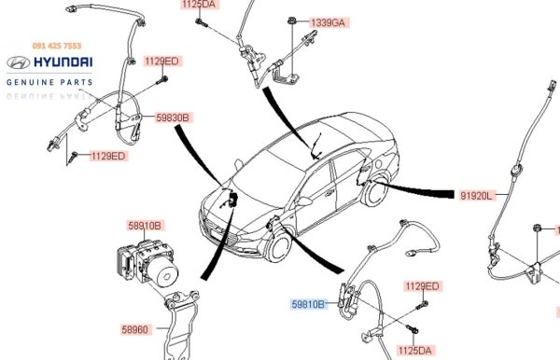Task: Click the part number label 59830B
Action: (x=173, y=118)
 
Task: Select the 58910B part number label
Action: (x=145, y=226)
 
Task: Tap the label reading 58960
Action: (x=135, y=329)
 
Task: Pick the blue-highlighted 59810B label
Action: (x=308, y=304)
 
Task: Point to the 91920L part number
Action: (x=476, y=196)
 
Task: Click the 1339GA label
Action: (x=329, y=22)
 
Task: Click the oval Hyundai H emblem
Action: (x=19, y=62)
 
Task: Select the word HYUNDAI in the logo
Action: (x=63, y=62)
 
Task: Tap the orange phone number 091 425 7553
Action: (x=57, y=46)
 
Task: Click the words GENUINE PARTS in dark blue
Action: (x=49, y=82)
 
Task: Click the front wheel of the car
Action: (x=279, y=246)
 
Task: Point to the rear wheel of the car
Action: (x=376, y=192)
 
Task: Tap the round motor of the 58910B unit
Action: (x=164, y=274)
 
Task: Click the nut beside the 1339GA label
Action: (x=292, y=21)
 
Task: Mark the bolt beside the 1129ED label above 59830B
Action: (x=162, y=80)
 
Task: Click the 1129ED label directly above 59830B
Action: (x=161, y=61)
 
